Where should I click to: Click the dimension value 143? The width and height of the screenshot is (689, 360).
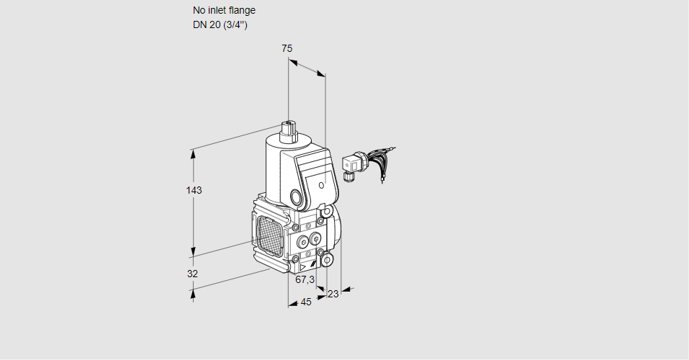pyautogui.click(x=194, y=191)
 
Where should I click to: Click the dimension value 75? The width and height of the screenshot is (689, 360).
pyautogui.click(x=287, y=48)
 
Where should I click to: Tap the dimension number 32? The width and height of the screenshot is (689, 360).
pyautogui.click(x=192, y=274)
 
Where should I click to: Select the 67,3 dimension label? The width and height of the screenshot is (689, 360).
pyautogui.click(x=305, y=279)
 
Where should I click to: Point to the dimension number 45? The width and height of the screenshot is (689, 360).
pyautogui.click(x=306, y=302)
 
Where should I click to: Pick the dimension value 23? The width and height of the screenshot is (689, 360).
pyautogui.click(x=333, y=294)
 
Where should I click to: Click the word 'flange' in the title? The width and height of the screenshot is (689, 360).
pyautogui.click(x=242, y=11)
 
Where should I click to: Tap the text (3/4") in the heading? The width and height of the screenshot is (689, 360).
pyautogui.click(x=234, y=25)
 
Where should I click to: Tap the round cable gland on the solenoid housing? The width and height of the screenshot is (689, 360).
pyautogui.click(x=297, y=197)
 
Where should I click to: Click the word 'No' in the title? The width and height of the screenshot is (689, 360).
pyautogui.click(x=199, y=11)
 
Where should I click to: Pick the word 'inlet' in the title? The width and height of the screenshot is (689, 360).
pyautogui.click(x=217, y=11)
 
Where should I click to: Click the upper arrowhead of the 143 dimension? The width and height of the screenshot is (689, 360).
pyautogui.click(x=193, y=152)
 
